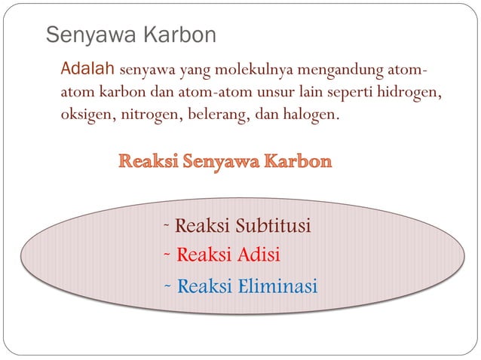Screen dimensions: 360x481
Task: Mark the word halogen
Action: tap(312, 117)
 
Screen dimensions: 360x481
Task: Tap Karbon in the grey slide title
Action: tap(179, 35)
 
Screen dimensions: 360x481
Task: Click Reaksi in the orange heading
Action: tap(146, 162)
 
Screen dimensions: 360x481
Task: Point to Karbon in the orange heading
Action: tap(297, 162)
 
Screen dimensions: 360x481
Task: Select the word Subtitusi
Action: tap(273, 226)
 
